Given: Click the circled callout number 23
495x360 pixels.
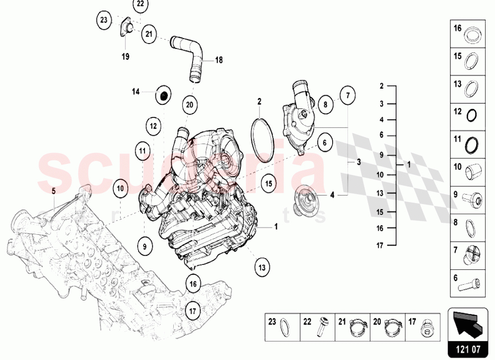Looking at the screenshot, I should (103, 20).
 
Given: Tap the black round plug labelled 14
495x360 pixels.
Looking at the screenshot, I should (162, 95).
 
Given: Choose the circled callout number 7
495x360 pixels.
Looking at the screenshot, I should (347, 95).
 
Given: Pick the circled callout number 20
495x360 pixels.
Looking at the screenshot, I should (190, 104).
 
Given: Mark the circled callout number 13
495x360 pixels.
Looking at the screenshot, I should (261, 267).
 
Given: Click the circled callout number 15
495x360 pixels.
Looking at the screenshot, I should (268, 183).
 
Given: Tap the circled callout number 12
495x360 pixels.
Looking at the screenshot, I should (153, 126).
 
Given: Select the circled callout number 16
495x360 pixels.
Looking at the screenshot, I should (193, 284).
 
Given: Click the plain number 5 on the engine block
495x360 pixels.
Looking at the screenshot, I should (54, 189).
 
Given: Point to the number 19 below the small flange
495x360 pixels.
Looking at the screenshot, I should (125, 57).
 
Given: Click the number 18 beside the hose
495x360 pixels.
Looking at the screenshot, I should (218, 60).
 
